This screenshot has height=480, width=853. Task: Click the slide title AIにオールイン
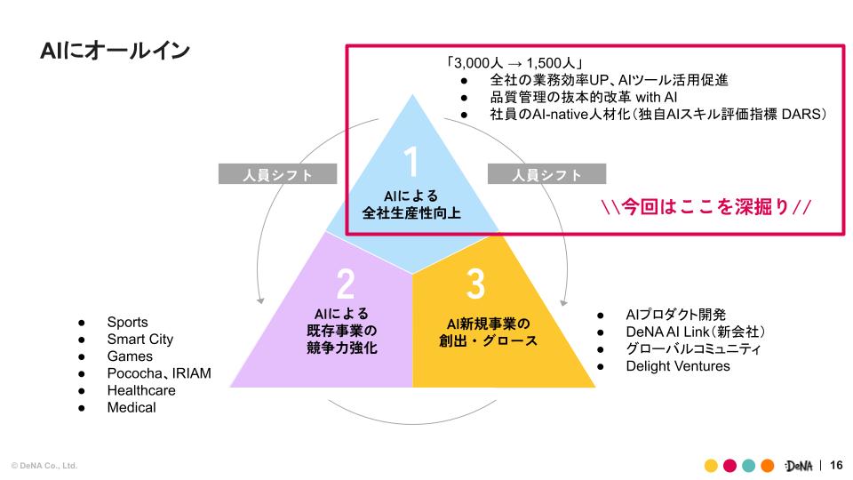point(115,51)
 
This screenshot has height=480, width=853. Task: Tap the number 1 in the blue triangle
point(411,163)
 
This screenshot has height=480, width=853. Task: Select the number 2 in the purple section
point(346,284)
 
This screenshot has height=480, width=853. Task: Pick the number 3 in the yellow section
point(475,284)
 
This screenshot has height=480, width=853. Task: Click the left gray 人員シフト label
point(278,174)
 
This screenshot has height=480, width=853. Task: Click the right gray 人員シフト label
point(546,174)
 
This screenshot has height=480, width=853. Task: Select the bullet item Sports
point(127,322)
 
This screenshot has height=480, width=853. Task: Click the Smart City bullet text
point(140,339)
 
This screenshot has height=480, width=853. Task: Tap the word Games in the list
point(130,356)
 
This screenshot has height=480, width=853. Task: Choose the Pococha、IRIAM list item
point(159,373)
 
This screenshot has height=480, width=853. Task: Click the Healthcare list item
point(141,390)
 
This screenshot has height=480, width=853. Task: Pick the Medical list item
point(131,407)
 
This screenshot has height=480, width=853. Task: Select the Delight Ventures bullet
point(677,366)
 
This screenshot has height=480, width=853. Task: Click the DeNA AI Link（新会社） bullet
point(696,332)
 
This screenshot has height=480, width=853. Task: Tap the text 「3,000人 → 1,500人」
point(514,63)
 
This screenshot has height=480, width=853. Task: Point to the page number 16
point(835,465)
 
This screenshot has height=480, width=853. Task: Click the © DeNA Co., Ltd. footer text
point(44,466)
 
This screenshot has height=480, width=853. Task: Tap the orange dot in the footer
point(768,465)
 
